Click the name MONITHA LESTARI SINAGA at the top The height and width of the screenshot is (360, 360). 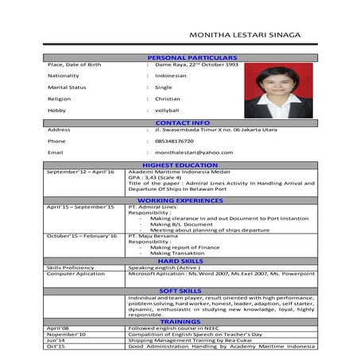click(x=250, y=36)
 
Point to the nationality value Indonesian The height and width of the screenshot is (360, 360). click(x=170, y=75)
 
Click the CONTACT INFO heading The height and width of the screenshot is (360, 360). click(x=183, y=122)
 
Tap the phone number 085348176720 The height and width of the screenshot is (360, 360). click(x=174, y=141)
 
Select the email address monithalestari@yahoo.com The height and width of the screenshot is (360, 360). click(x=194, y=152)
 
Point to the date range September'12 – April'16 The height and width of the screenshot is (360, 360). click(x=80, y=172)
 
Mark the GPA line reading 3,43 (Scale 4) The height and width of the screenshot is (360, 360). click(x=159, y=177)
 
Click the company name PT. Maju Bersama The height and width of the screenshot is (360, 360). click(x=155, y=236)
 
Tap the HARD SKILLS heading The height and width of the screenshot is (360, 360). click(x=180, y=261)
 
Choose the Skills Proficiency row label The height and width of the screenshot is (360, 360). click(x=70, y=268)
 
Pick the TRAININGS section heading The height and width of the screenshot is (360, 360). click(x=180, y=320)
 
